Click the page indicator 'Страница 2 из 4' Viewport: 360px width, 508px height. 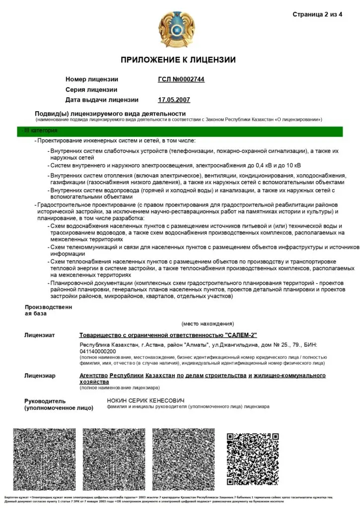pyautogui.click(x=317, y=14)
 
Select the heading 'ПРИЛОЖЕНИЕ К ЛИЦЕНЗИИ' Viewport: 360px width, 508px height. pyautogui.click(x=178, y=60)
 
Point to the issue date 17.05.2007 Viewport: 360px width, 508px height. pyautogui.click(x=174, y=100)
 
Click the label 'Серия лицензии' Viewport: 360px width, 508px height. pyautogui.click(x=91, y=90)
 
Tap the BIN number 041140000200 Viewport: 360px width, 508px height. pyautogui.click(x=98, y=351)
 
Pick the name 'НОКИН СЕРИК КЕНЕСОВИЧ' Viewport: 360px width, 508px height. pyautogui.click(x=145, y=400)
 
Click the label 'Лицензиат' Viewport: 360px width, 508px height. pyautogui.click(x=40, y=335)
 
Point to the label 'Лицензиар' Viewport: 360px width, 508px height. pyautogui.click(x=40, y=376)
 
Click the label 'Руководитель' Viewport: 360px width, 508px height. pyautogui.click(x=45, y=401)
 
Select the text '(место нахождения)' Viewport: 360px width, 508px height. pyautogui.click(x=208, y=323)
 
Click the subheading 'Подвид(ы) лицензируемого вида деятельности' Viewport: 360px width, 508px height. pyautogui.click(x=110, y=114)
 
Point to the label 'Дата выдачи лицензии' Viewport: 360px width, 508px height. pyautogui.click(x=102, y=100)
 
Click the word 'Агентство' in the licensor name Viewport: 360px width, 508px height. pyautogui.click(x=93, y=376)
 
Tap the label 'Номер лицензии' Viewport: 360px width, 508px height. pyautogui.click(x=92, y=79)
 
